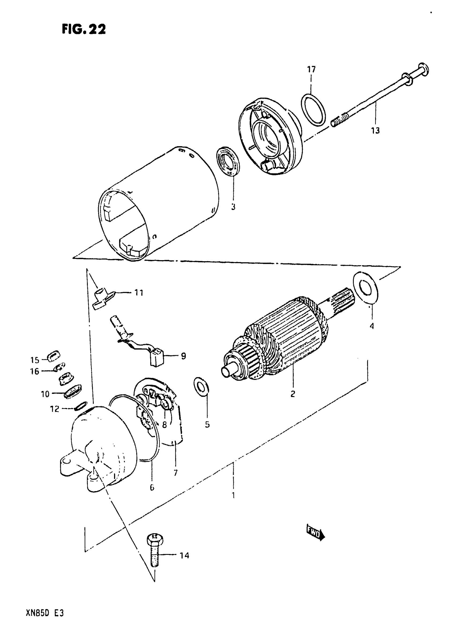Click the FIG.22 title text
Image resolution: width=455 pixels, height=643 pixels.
[84, 29]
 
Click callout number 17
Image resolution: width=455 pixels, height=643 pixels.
[311, 69]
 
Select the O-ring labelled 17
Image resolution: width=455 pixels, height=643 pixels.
[313, 110]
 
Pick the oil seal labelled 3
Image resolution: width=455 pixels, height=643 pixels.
[228, 161]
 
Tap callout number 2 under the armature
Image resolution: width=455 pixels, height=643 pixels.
[293, 394]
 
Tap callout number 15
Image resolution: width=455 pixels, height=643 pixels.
[35, 360]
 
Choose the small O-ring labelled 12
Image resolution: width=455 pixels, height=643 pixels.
[81, 405]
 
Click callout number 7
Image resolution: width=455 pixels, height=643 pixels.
[176, 473]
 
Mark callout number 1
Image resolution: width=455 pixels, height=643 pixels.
[233, 495]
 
